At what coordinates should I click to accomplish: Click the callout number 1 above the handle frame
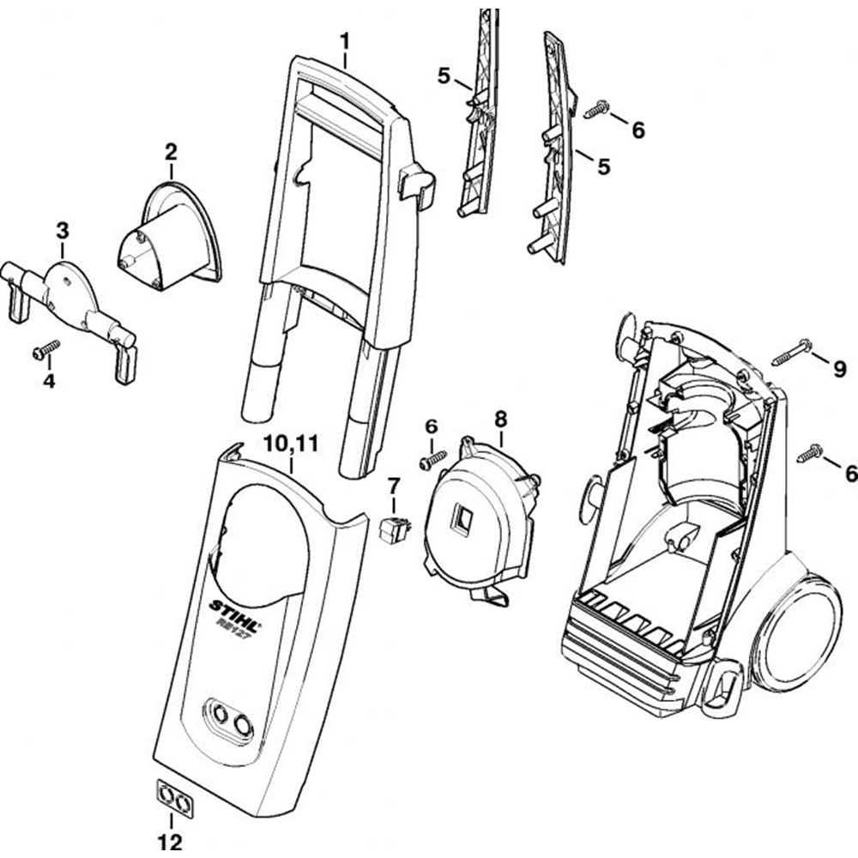pos(345,40)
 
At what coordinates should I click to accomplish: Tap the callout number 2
pos(171,153)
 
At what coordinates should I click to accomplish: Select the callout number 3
pos(62,230)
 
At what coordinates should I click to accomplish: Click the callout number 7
pos(394,486)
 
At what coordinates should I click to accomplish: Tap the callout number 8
pos(500,419)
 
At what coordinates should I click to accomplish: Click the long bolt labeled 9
pos(791,353)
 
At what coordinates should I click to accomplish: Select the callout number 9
pos(839,369)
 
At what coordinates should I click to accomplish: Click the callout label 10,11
pos(292,444)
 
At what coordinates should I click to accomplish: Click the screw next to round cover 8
pos(432,459)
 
